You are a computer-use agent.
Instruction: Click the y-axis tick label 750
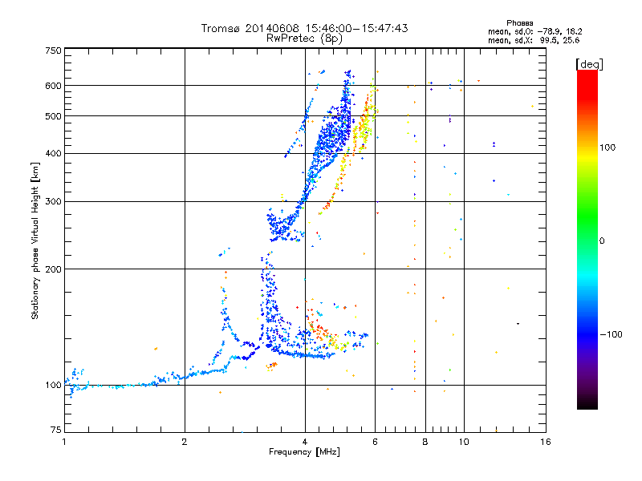coord(53,51)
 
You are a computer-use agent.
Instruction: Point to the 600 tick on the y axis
coord(53,86)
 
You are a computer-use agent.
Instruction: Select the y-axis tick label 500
coord(53,116)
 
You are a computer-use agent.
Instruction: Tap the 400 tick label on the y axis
coord(53,154)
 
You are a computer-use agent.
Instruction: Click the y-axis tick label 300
coord(53,202)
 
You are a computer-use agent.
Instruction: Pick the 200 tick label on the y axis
coord(53,269)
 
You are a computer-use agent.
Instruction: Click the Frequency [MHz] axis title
coord(305,452)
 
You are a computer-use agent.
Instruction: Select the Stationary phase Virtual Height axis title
coord(35,240)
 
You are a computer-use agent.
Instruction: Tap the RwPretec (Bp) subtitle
coord(305,38)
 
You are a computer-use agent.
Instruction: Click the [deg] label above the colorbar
coord(589,63)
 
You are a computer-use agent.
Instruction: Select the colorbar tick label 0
coord(602,240)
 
